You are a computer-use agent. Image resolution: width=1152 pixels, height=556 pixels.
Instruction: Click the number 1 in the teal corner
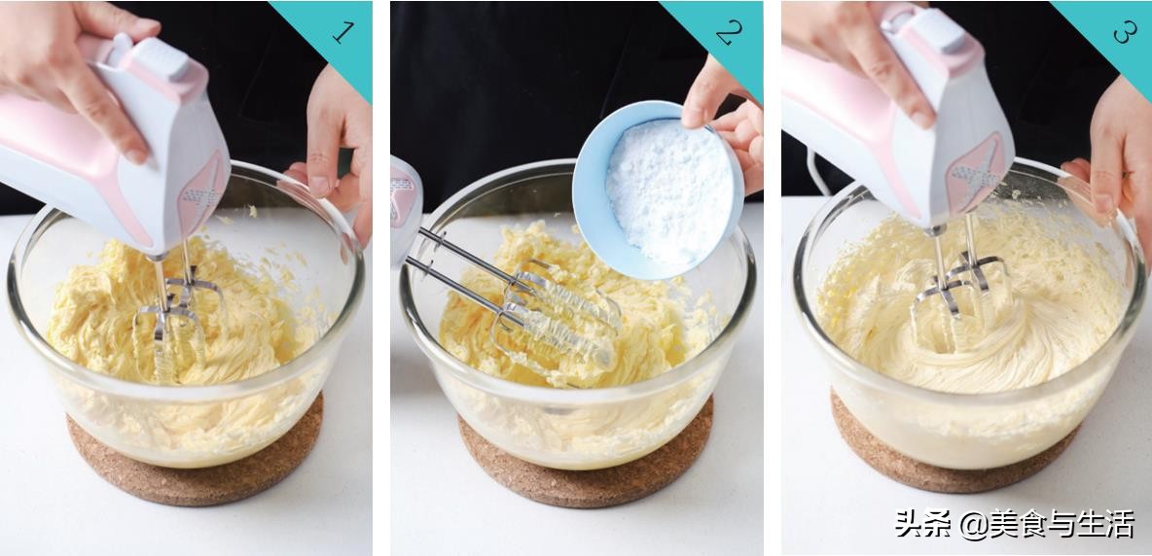pyautogui.click(x=343, y=31)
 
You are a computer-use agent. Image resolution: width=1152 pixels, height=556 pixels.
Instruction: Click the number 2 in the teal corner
pyautogui.click(x=730, y=33)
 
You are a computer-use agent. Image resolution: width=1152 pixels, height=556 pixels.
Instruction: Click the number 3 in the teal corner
pyautogui.click(x=1125, y=31)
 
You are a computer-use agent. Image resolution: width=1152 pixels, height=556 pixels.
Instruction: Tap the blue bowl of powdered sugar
pyautogui.click(x=658, y=190)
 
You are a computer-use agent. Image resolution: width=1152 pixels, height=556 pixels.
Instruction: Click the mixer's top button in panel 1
pyautogui.click(x=160, y=59)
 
